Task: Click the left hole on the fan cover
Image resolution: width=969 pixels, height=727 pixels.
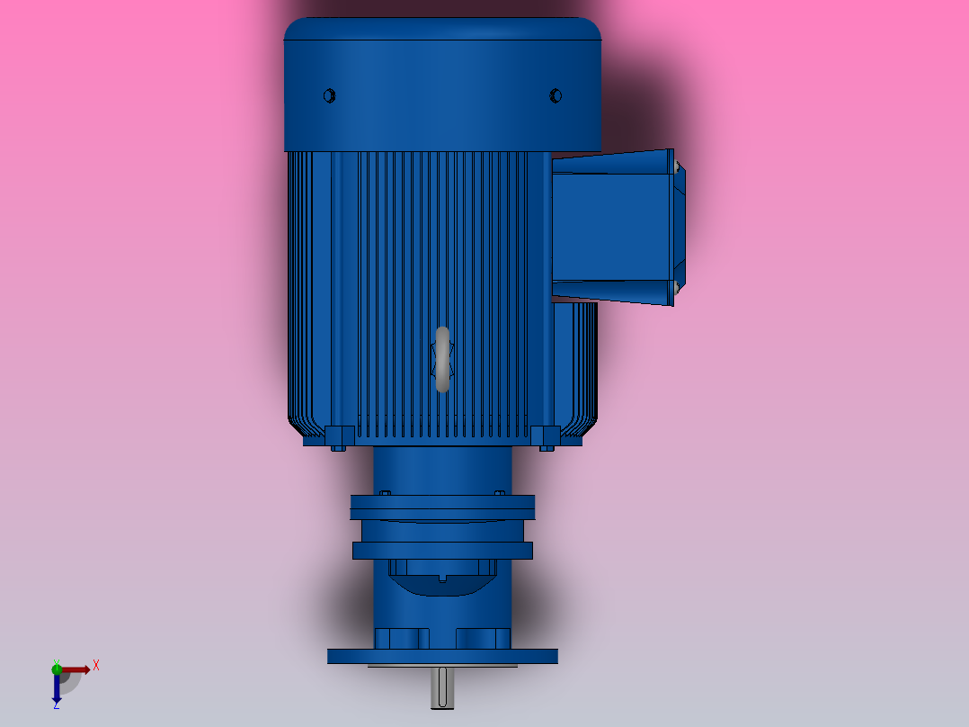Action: pyautogui.click(x=329, y=95)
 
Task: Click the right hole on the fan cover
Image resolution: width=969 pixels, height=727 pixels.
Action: pyautogui.click(x=555, y=95)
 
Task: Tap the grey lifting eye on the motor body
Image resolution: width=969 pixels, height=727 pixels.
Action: pyautogui.click(x=442, y=360)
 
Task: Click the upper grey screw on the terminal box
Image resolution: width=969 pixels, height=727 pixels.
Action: pyautogui.click(x=673, y=166)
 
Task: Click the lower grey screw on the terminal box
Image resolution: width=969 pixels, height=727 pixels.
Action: pyautogui.click(x=673, y=287)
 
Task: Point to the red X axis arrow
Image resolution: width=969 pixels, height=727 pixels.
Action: pyautogui.click(x=77, y=669)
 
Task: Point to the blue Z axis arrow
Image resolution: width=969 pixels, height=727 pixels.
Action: pyautogui.click(x=56, y=688)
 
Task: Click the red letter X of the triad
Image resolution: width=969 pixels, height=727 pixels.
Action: pyautogui.click(x=96, y=665)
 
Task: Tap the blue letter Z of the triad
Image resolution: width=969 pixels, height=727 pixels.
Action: pyautogui.click(x=56, y=706)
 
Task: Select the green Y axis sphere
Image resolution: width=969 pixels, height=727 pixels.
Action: pyautogui.click(x=57, y=668)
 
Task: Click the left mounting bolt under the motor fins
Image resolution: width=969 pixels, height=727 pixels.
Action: pyautogui.click(x=338, y=438)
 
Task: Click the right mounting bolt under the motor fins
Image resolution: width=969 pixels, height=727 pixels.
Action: pyautogui.click(x=546, y=438)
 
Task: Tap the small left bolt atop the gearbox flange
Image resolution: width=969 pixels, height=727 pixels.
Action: pyautogui.click(x=386, y=493)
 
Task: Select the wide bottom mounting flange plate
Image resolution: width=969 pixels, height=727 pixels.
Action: pyautogui.click(x=442, y=656)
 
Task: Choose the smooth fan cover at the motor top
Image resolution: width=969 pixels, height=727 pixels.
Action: pyautogui.click(x=442, y=85)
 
